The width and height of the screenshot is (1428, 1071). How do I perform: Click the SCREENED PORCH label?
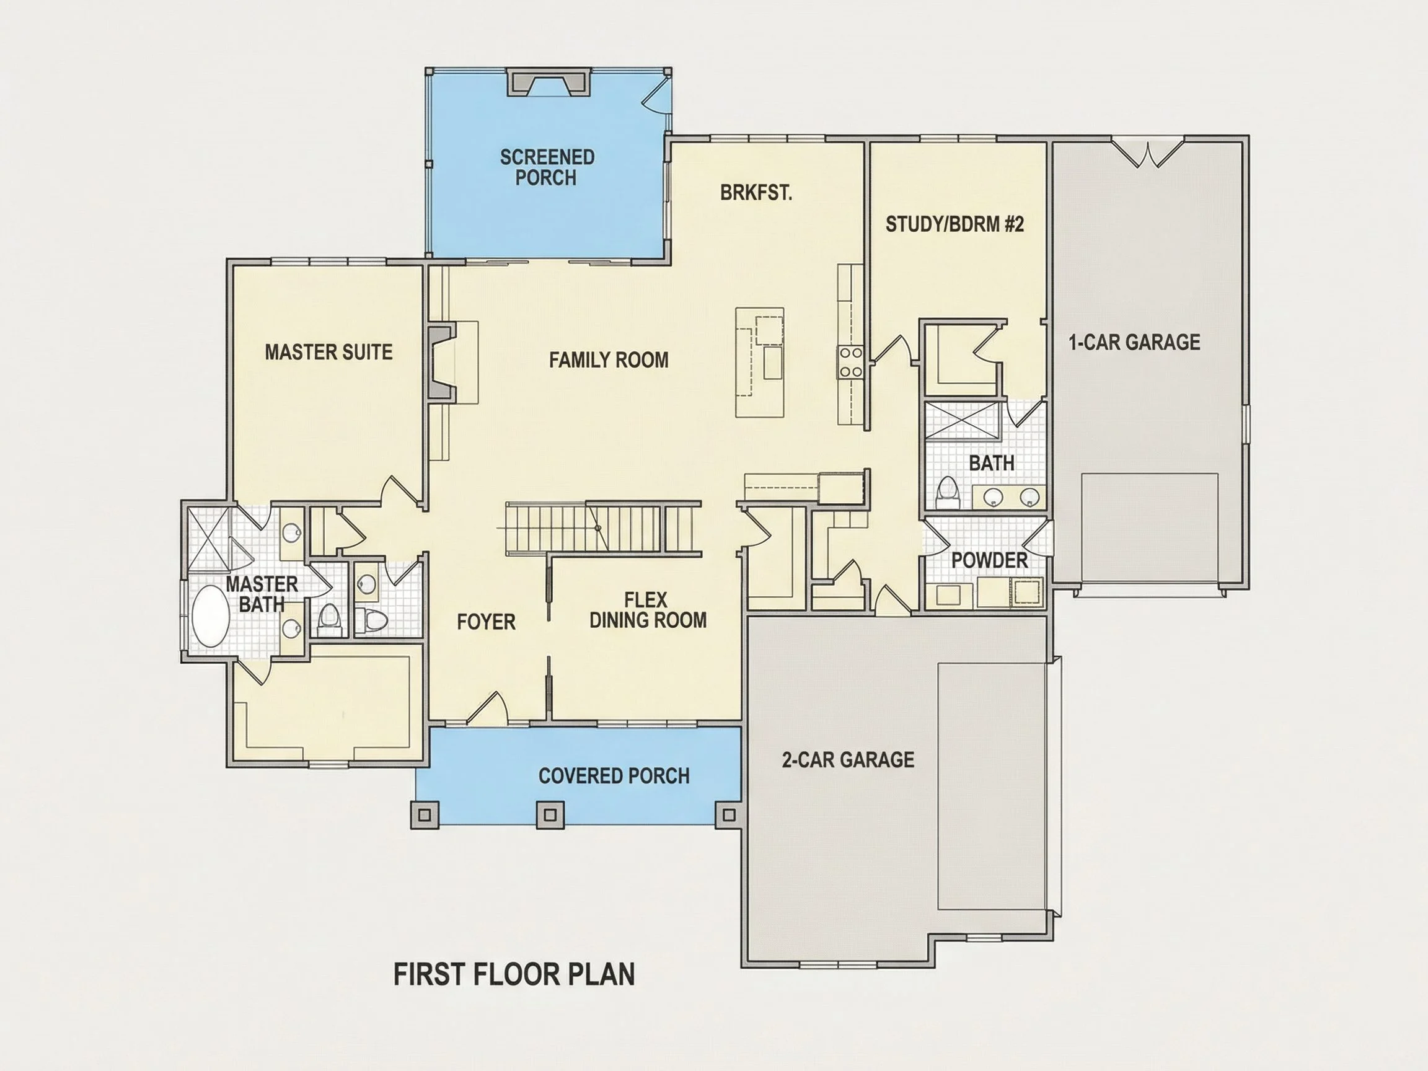[x=547, y=167]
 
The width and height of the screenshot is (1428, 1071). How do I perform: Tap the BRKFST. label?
[x=756, y=192]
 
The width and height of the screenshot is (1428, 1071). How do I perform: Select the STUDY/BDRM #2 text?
[x=955, y=224]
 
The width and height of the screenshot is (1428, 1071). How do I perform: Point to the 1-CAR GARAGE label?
[x=1134, y=342]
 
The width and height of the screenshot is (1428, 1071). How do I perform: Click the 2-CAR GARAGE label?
[x=848, y=759]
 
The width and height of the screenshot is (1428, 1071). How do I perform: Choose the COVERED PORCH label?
[x=614, y=775]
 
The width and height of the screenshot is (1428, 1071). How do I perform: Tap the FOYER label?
[x=486, y=622]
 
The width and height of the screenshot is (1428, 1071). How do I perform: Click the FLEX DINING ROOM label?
[x=648, y=610]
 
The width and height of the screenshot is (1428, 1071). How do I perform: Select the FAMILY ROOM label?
[x=609, y=359]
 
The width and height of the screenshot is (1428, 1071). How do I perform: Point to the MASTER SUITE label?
[x=328, y=352]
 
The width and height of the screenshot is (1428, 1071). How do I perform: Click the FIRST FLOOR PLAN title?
[x=514, y=974]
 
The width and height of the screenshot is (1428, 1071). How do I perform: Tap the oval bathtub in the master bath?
[x=211, y=616]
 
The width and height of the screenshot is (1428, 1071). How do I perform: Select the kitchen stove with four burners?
[x=850, y=362]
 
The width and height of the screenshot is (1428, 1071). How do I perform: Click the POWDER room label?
[x=990, y=560]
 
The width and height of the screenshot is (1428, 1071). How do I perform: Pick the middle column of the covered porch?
[x=550, y=814]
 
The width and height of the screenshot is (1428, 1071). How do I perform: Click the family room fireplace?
[x=441, y=363]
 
